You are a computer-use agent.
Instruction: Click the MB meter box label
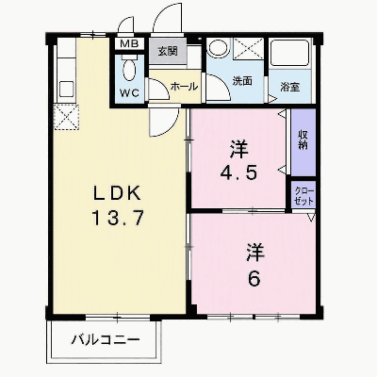129,44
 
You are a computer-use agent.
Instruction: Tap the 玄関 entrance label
168,51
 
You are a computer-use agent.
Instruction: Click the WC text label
129,92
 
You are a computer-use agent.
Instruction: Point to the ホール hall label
184,86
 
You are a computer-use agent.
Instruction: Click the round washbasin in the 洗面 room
218,48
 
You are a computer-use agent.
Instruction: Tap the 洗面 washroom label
242,81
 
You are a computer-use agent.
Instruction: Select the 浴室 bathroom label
290,87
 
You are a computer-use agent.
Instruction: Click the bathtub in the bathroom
290,53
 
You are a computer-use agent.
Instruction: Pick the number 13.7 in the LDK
118,218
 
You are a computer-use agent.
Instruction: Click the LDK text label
117,193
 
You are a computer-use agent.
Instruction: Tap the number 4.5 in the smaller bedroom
239,172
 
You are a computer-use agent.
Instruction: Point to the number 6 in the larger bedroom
254,279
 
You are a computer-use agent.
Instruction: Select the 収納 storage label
303,140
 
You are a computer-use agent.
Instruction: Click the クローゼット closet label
303,196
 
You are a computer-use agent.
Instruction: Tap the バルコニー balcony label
106,339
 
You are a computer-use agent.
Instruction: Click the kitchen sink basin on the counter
66,89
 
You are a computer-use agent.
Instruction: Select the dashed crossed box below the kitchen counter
67,117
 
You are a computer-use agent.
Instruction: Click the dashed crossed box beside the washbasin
249,48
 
